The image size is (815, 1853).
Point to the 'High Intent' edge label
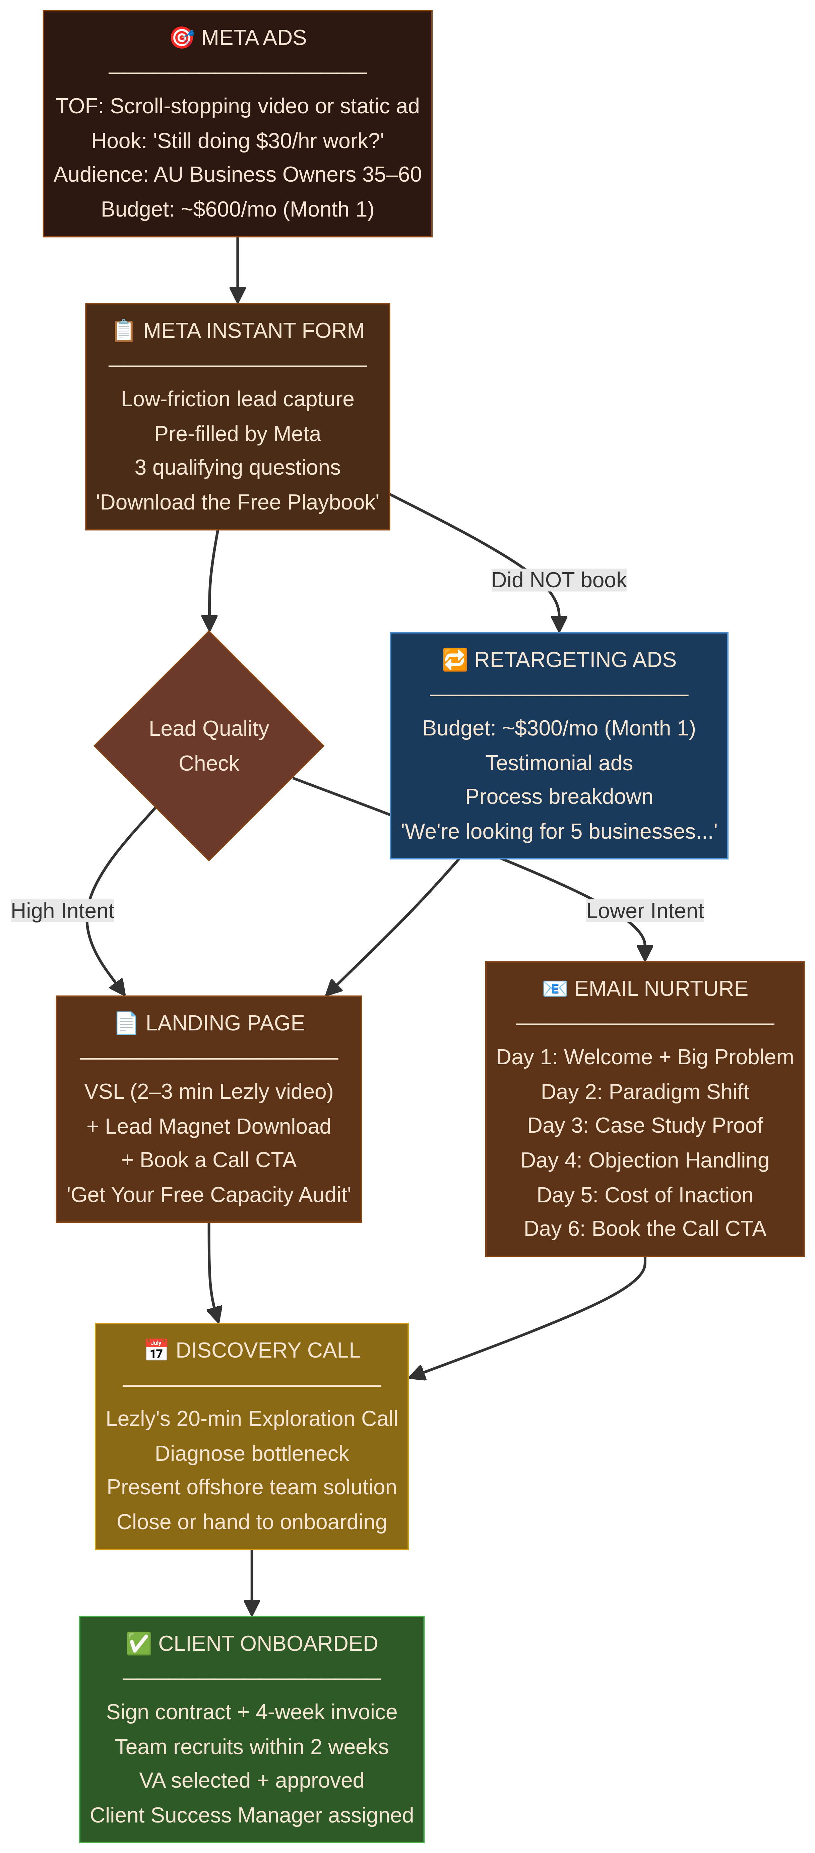coord(63,911)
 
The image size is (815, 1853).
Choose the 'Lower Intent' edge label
coord(644,911)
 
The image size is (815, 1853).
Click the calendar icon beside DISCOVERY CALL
coord(156,1350)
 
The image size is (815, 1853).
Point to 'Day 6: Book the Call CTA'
coord(644,1229)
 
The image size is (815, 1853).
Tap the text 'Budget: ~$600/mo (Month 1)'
coord(237,209)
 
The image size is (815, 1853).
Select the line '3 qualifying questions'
coord(237,468)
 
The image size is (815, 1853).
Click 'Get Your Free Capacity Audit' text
coord(208,1195)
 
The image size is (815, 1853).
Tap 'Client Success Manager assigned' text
coord(252,1815)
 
